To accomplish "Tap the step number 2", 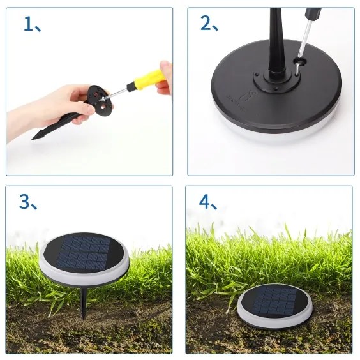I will [x=206, y=24].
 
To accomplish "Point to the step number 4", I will [x=205, y=202].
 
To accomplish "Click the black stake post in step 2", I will [x=275, y=45].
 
